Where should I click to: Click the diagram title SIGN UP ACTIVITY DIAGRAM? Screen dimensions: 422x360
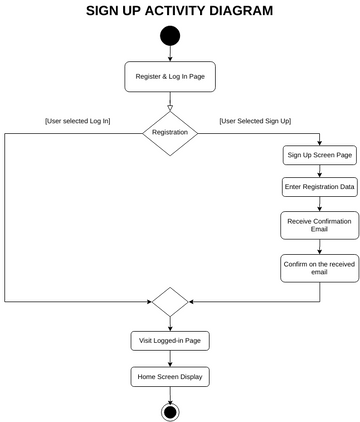pyautogui.click(x=179, y=11)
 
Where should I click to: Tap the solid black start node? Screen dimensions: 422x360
pyautogui.click(x=170, y=36)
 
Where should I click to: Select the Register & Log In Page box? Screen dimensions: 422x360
pyautogui.click(x=170, y=76)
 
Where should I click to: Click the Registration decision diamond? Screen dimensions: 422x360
pyautogui.click(x=170, y=132)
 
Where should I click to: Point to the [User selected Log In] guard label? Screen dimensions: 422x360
pyautogui.click(x=77, y=121)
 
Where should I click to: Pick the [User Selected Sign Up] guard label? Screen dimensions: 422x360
pyautogui.click(x=255, y=121)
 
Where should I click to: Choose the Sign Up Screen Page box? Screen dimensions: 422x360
pyautogui.click(x=320, y=155)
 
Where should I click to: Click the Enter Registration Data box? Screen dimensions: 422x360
pyautogui.click(x=320, y=187)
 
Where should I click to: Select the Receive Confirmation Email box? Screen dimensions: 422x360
pyautogui.click(x=320, y=225)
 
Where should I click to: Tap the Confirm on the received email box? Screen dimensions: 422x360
pyautogui.click(x=320, y=268)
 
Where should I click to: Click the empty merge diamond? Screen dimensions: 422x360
pyautogui.click(x=170, y=301)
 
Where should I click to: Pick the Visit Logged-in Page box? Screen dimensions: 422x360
pyautogui.click(x=170, y=340)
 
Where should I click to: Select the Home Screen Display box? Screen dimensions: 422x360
pyautogui.click(x=170, y=377)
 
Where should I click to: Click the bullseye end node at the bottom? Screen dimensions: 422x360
pyautogui.click(x=170, y=411)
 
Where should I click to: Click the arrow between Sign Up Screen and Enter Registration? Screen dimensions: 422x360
pyautogui.click(x=320, y=171)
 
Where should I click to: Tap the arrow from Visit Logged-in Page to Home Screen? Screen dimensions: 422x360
pyautogui.click(x=170, y=359)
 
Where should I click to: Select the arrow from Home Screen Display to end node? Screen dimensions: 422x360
pyautogui.click(x=170, y=394)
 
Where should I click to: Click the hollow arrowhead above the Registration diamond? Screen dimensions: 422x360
pyautogui.click(x=170, y=106)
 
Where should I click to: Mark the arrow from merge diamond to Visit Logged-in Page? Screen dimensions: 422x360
pyautogui.click(x=170, y=323)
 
